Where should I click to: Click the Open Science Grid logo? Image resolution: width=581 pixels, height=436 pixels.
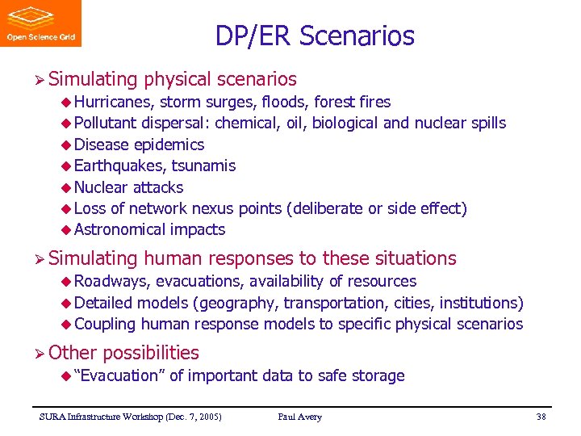[x=40, y=23]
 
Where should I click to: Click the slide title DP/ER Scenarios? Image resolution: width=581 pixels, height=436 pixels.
[x=315, y=36]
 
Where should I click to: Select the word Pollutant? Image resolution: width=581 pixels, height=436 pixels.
[x=105, y=123]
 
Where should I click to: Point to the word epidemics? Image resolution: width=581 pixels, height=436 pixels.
[x=169, y=145]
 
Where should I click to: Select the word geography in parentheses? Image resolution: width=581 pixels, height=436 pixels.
[x=240, y=303]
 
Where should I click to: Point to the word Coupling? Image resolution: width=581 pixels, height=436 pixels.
[x=105, y=324]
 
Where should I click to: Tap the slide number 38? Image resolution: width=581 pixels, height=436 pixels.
[x=541, y=417]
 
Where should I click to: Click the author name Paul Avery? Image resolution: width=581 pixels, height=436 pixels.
[x=299, y=417]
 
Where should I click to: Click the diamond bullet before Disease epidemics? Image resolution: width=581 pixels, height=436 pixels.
[x=66, y=145]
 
